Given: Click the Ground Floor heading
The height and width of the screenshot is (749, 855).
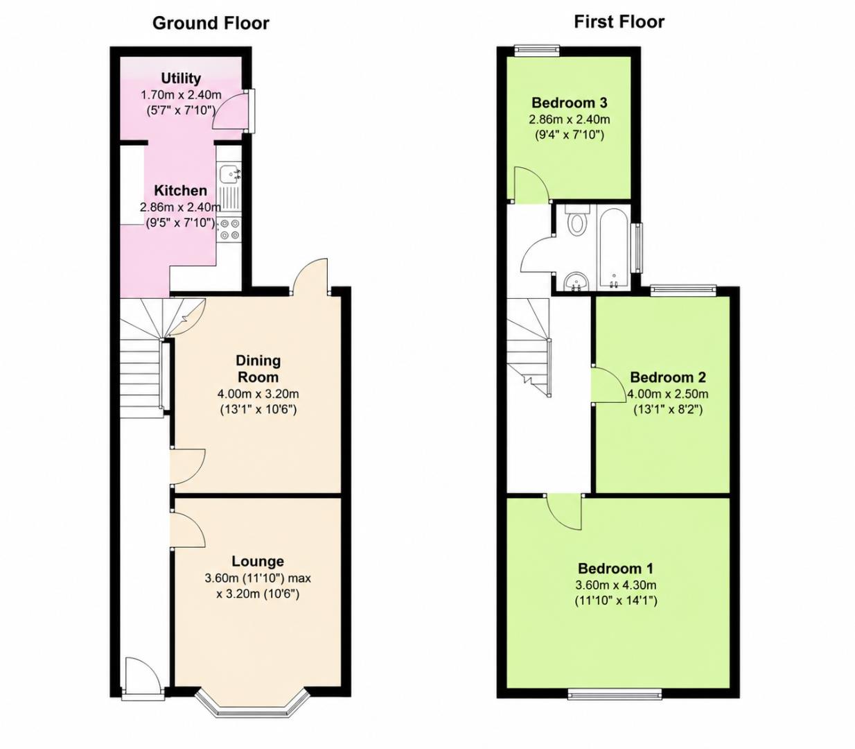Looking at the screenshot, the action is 211,23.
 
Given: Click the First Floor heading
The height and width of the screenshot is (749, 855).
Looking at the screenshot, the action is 619,21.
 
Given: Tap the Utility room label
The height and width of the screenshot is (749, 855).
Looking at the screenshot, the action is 181,78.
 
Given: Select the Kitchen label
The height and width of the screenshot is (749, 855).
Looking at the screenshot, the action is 181,190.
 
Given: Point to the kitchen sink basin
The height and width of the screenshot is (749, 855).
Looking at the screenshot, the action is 228,173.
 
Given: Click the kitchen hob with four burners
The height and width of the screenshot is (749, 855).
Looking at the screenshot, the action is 229,230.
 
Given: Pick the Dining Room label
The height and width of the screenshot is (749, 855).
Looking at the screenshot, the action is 258,368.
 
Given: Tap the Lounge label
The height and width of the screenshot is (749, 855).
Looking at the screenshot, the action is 258,561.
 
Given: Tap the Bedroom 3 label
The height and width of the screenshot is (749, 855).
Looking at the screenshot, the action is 569,103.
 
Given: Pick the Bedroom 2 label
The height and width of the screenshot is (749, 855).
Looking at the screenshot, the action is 668,377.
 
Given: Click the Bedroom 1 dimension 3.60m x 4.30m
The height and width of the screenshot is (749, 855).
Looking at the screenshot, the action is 615,585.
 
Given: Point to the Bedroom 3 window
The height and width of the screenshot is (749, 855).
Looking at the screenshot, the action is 536,51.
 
